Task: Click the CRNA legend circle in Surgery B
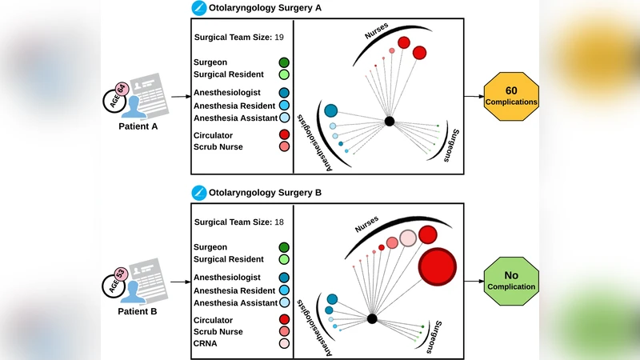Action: (x=284, y=344)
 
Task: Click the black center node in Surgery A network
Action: (x=389, y=122)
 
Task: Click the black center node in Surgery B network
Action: (x=372, y=318)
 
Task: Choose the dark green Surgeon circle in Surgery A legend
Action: (x=284, y=62)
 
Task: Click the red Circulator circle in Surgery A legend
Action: (x=284, y=134)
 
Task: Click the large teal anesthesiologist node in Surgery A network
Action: (x=331, y=110)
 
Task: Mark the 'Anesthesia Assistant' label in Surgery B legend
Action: (x=231, y=302)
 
